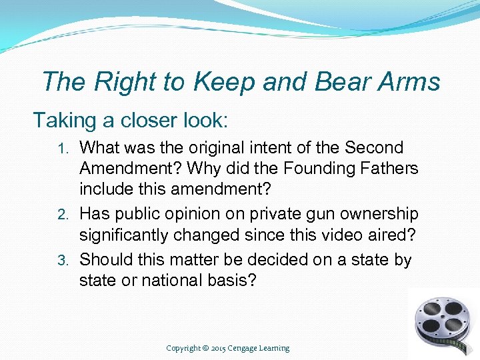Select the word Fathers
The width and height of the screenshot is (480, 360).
point(390,168)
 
